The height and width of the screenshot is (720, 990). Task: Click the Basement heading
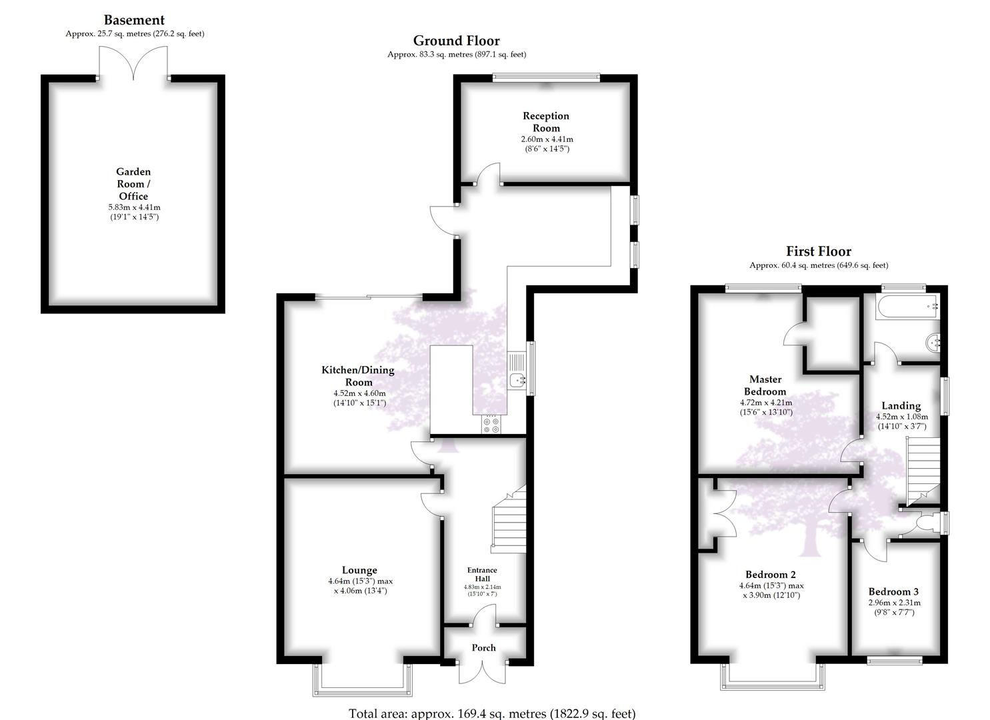(x=134, y=20)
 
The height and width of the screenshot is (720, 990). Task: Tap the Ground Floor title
(x=457, y=41)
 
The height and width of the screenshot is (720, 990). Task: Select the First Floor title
(x=819, y=251)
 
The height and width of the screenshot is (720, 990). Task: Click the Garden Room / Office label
(x=133, y=184)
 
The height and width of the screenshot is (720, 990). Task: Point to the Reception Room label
(x=546, y=122)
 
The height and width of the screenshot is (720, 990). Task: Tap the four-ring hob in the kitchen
(x=491, y=424)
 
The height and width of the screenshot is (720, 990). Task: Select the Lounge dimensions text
(x=360, y=586)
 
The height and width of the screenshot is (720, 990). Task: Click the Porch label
(x=483, y=648)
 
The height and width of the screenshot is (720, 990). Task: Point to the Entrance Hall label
(x=482, y=574)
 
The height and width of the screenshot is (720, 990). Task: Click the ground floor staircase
(x=509, y=519)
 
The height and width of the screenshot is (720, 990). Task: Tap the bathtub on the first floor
(x=907, y=306)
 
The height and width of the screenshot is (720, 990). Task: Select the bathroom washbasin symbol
(x=932, y=343)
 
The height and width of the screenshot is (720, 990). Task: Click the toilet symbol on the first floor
(x=928, y=523)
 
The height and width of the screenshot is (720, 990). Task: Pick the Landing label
(x=901, y=406)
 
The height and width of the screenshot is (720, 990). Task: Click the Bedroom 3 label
(x=893, y=592)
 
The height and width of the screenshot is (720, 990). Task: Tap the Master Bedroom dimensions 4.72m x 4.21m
(x=766, y=403)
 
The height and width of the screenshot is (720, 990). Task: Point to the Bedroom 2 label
(x=771, y=575)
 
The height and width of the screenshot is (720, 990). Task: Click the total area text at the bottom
(x=492, y=713)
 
